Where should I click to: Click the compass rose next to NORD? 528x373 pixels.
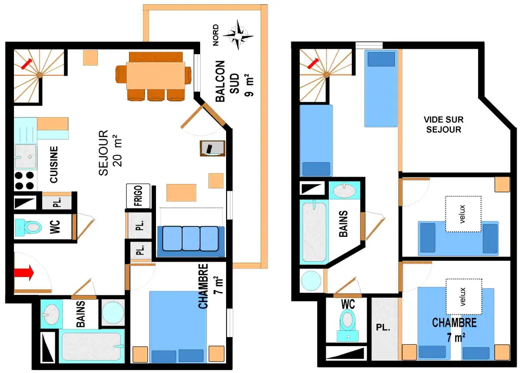pos(238,35)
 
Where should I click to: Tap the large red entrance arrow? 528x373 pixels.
pos(24,272)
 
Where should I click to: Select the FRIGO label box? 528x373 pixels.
pos(138,196)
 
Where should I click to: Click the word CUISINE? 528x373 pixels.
pos(54,164)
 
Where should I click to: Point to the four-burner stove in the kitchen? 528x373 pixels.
pos(25,181)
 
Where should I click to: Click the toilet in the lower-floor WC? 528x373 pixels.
pos(29,227)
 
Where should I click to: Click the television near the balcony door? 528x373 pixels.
pos(212,148)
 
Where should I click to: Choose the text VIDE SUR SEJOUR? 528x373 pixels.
pos(444,125)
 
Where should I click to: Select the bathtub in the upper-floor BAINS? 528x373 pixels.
pos(314,232)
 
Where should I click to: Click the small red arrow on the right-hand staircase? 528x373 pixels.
pos(313,63)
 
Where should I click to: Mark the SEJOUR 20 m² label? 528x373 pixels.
pos(110,152)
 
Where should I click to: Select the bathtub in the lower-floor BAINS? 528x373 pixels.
pos(92,346)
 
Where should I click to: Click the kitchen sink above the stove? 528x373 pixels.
pos(25,156)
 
